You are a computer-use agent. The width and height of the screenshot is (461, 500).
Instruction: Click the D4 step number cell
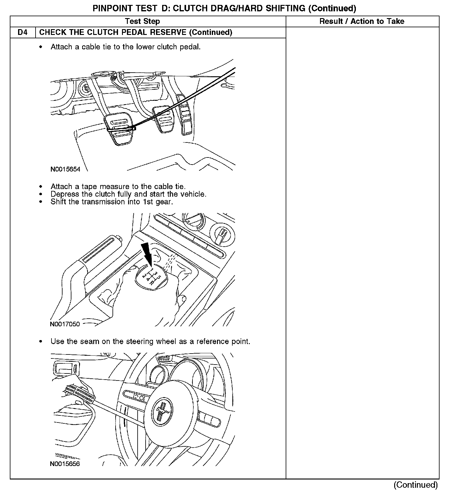pyautogui.click(x=23, y=32)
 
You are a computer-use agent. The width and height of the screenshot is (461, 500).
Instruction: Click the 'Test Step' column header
pyautogui.click(x=142, y=21)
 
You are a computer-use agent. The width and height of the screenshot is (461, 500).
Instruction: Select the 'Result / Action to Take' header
pyautogui.click(x=362, y=21)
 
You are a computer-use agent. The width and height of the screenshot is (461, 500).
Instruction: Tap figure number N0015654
pyautogui.click(x=65, y=169)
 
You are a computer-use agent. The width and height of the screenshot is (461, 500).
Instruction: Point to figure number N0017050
pyautogui.click(x=65, y=324)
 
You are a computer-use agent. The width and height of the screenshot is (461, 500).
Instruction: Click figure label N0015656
pyautogui.click(x=65, y=464)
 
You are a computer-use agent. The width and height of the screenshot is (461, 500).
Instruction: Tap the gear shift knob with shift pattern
pyautogui.click(x=150, y=275)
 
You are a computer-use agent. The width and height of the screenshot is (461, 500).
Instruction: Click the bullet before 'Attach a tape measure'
pyautogui.click(x=40, y=186)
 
